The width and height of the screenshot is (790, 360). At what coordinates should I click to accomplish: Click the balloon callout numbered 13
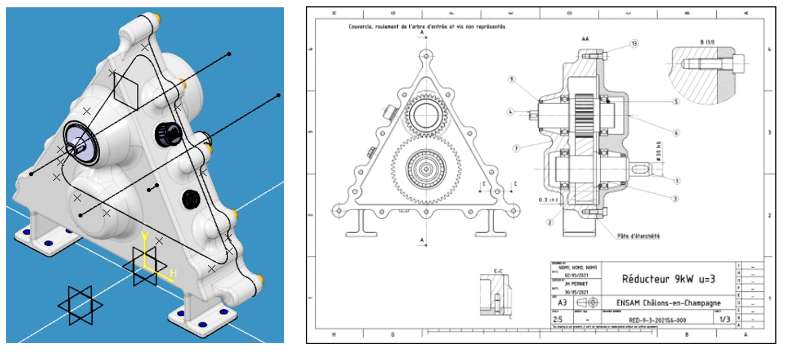(634, 43)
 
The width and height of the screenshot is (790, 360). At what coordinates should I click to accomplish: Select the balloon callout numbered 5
(676, 102)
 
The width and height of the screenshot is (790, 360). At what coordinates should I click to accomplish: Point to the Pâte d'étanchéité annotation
(638, 236)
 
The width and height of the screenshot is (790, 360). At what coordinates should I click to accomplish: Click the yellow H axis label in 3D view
(173, 273)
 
